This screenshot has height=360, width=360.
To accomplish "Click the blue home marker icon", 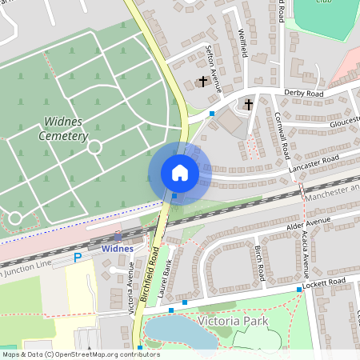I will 179,173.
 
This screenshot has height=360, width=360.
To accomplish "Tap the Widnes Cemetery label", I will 62,129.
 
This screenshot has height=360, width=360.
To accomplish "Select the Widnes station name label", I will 118,249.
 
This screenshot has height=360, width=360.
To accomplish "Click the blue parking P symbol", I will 78,258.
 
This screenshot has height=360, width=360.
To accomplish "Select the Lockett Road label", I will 326,283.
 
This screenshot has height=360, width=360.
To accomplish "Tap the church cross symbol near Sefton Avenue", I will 203,81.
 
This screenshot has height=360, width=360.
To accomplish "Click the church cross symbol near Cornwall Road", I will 248,103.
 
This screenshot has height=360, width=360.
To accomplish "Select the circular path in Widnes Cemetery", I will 94,147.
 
